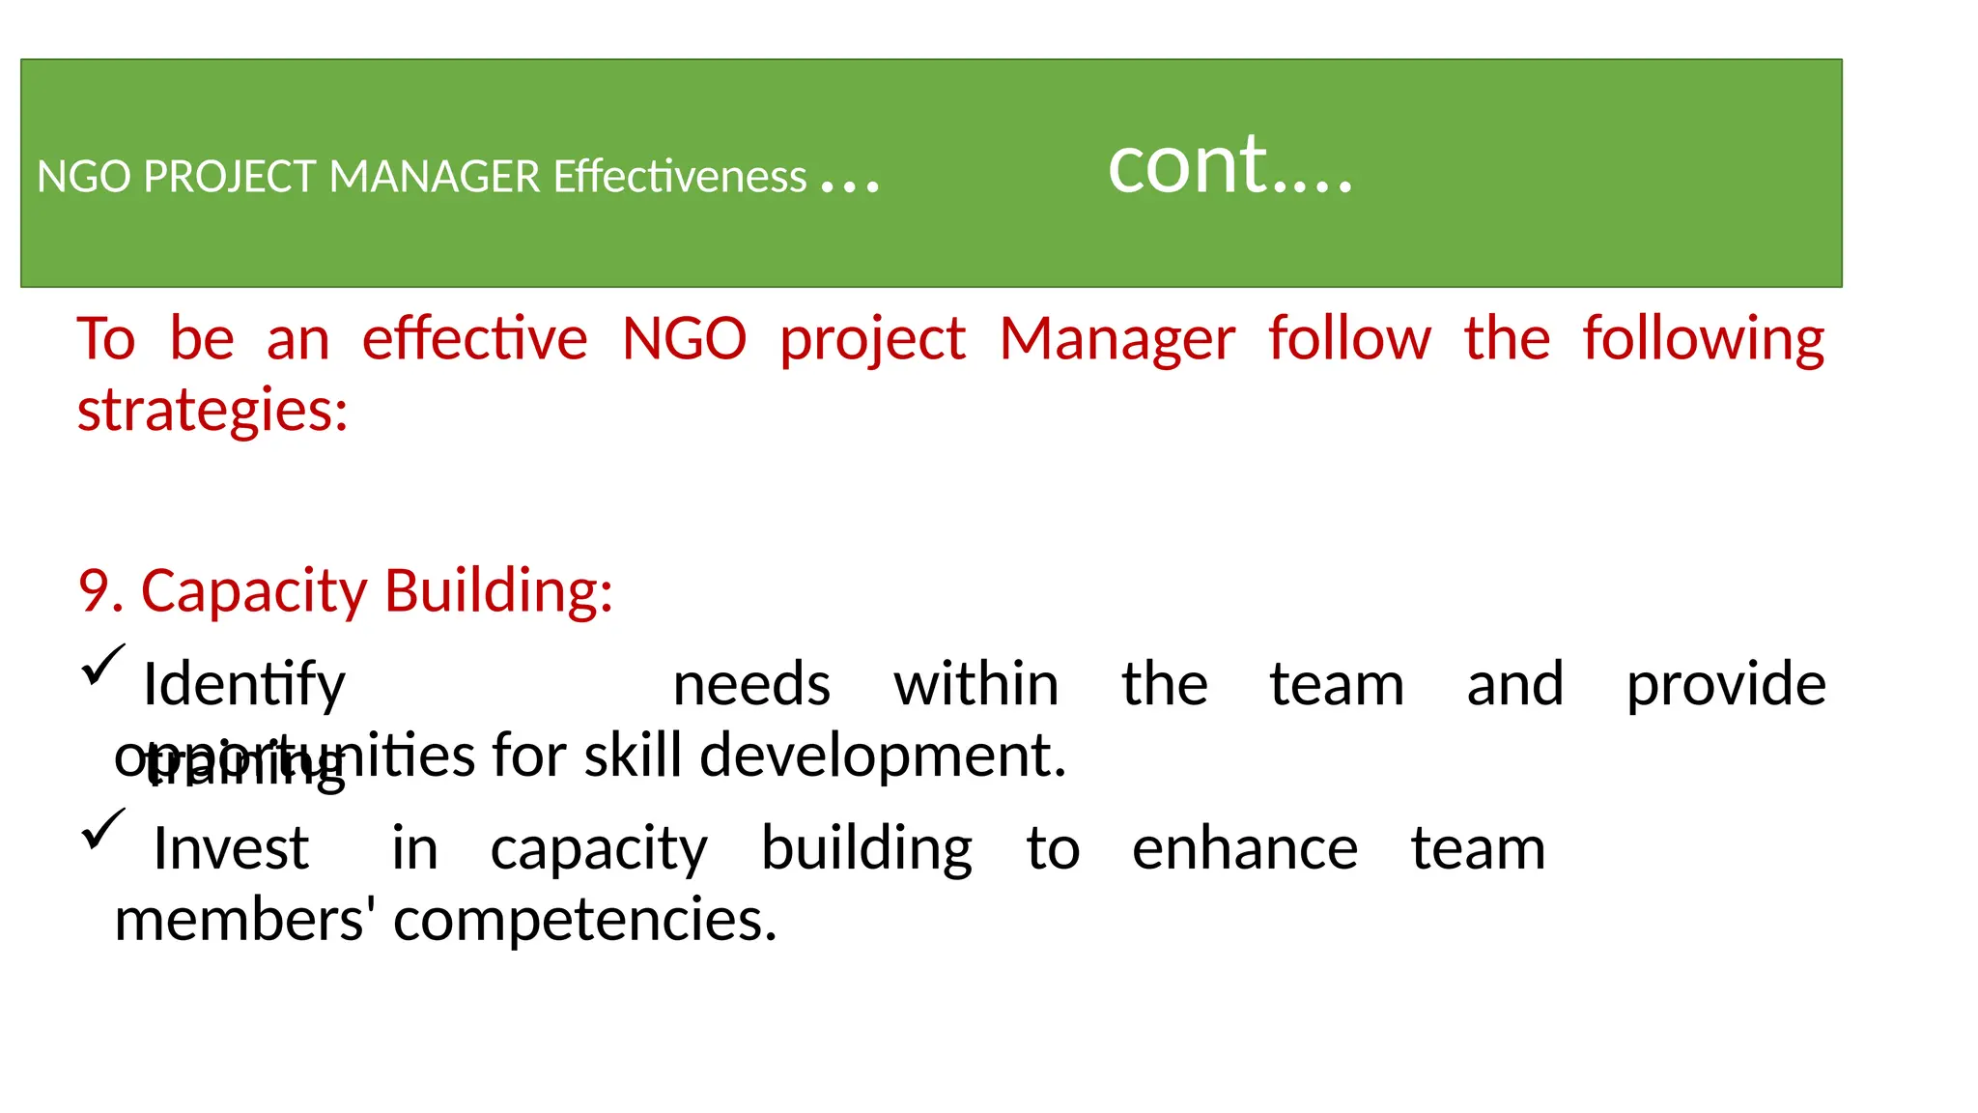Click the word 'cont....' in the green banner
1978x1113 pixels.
coord(1229,166)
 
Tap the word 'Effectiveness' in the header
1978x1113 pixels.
coord(680,177)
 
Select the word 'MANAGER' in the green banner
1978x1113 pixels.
coord(435,177)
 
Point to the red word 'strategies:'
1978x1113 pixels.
coord(212,411)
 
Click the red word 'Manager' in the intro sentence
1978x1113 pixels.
coord(1116,340)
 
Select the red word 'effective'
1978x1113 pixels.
coord(474,340)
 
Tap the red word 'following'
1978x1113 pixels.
coord(1703,340)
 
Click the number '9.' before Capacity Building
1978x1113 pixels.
coord(100,591)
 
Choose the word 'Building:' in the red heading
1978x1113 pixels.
coord(498,591)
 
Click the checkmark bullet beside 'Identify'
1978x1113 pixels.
coord(103,665)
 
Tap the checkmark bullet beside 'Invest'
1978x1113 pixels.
coord(103,829)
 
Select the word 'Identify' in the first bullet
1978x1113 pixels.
coord(243,686)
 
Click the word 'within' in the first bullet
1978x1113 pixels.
coord(975,686)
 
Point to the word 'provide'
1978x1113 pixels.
coord(1726,686)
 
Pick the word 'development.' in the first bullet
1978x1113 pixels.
coord(882,756)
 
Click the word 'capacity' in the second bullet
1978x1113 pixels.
coord(599,850)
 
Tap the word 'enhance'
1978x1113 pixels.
coord(1245,850)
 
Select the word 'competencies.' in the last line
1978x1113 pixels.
coord(584,921)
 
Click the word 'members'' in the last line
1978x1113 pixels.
coord(245,921)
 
